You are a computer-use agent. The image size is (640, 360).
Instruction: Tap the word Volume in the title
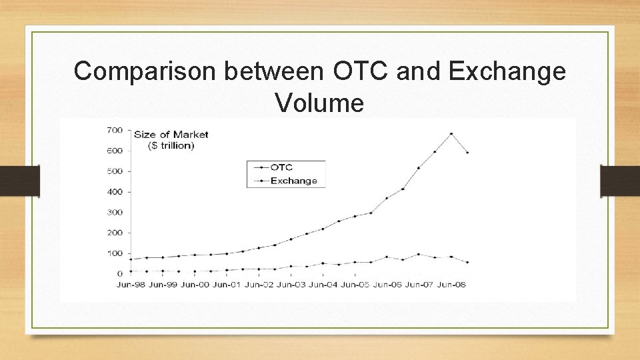coord(319,103)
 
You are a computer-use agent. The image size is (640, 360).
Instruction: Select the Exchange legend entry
coord(293,181)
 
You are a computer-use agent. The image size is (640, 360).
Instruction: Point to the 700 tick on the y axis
coord(115,129)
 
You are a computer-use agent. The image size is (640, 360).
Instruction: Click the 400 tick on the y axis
coord(115,191)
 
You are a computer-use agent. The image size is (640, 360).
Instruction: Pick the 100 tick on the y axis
coord(115,253)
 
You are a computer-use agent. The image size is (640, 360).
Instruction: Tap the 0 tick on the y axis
coord(120,273)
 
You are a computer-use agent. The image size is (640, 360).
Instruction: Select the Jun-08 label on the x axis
coord(451,285)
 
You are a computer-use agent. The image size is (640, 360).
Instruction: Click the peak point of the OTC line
coord(451,133)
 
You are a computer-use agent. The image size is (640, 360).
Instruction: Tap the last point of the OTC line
coord(467,153)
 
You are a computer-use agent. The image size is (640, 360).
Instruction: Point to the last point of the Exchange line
coord(467,263)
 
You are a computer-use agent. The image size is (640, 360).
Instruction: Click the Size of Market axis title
coord(171,134)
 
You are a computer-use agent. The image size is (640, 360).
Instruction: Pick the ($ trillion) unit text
coord(171,145)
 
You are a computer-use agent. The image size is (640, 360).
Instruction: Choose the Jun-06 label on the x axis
coord(387,285)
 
